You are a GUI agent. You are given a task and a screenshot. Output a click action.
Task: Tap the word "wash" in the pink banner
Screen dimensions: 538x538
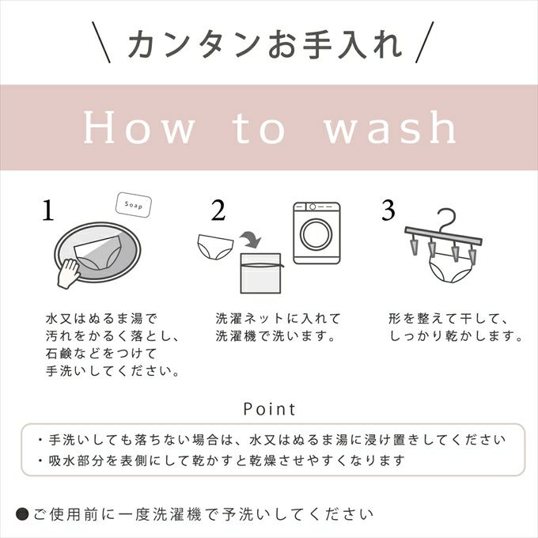pyautogui.click(x=390, y=128)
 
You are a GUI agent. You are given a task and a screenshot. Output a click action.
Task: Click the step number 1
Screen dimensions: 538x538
pyautogui.click(x=49, y=211)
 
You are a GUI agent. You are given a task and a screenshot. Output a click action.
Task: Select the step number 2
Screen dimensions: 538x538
pyautogui.click(x=218, y=211)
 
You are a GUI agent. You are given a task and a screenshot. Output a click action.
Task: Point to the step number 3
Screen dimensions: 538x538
pyautogui.click(x=388, y=211)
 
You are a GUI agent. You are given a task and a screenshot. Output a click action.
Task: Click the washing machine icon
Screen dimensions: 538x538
pyautogui.click(x=316, y=233)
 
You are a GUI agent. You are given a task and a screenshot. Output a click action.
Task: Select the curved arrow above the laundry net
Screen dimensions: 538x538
pyautogui.click(x=251, y=237)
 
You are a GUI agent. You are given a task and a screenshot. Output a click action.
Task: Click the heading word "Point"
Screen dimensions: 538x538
pyautogui.click(x=269, y=409)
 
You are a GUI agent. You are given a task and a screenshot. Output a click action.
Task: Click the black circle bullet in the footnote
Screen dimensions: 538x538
pyautogui.click(x=22, y=512)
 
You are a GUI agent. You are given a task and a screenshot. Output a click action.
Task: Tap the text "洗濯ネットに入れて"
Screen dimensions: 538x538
pyautogui.click(x=278, y=319)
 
